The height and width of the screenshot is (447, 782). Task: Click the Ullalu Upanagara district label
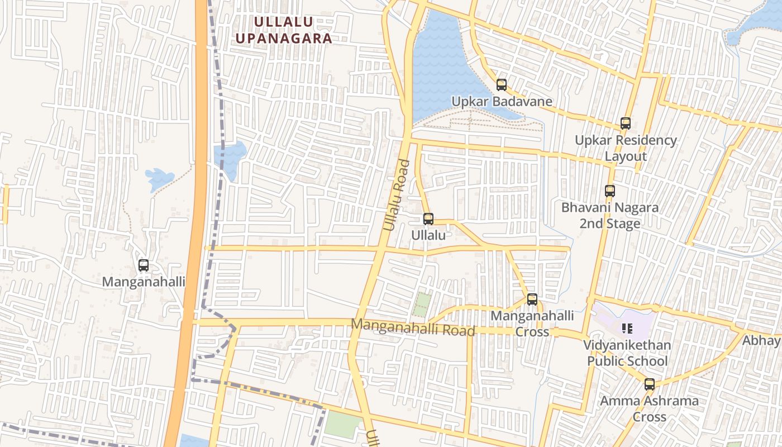pos(284,30)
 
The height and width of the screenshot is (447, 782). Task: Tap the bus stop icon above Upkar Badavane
pos(502,85)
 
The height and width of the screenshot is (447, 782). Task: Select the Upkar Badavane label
pos(502,102)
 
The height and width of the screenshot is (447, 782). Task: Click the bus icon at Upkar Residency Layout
pos(626,123)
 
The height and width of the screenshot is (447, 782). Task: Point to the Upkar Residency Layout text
pos(626,148)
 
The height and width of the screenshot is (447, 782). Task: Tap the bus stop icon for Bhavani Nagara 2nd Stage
pos(610,191)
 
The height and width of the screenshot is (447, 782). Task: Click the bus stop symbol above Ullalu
pos(428,218)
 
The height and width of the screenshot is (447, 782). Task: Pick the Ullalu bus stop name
pos(428,235)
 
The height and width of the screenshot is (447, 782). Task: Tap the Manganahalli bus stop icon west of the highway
pos(144,265)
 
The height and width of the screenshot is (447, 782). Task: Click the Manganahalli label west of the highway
pos(144,282)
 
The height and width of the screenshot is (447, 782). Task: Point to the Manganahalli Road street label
pos(413,327)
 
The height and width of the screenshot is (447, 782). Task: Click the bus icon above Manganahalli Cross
pos(532,299)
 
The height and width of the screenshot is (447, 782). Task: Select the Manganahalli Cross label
pos(532,324)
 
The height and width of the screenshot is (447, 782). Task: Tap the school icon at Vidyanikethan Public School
pos(627,329)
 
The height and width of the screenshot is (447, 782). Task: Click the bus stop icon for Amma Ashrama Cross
pos(649,384)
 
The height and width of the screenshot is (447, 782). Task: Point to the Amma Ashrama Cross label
pos(649,408)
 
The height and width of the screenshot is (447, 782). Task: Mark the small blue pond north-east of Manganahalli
pos(159,179)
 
